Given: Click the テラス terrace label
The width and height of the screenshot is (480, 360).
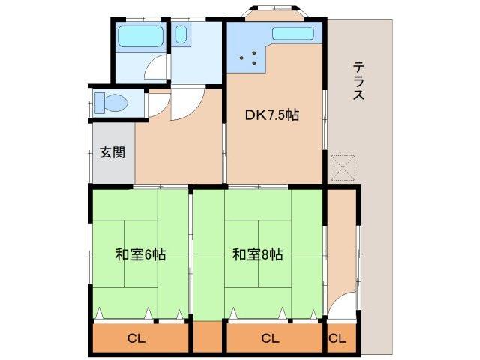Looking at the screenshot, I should point(359,82).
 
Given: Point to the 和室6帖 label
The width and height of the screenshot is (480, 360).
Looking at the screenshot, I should point(140,254).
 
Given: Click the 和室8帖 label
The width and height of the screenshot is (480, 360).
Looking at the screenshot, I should point(257,254).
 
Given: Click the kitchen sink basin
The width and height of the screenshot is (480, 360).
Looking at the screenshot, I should point(293,33).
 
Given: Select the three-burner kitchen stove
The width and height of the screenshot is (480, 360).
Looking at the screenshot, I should point(252,55).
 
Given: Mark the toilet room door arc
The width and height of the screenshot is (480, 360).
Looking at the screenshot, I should point(157,105).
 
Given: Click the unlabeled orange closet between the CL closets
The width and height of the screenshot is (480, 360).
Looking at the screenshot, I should point(208,337).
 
